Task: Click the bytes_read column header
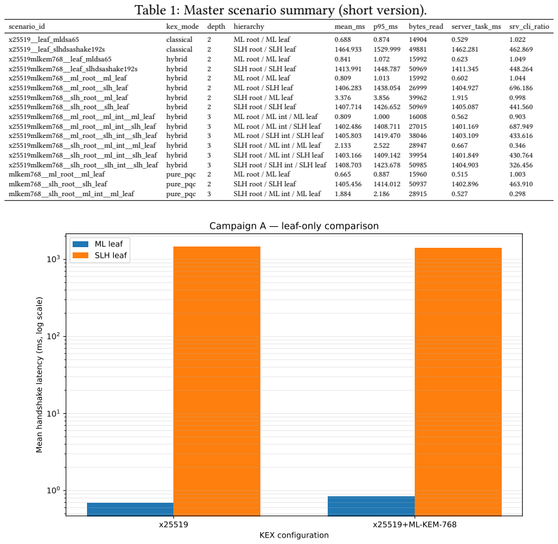click(426, 26)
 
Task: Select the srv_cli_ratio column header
click(529, 26)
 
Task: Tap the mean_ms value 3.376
click(343, 97)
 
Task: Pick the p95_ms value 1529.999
click(387, 49)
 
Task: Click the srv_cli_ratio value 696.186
click(521, 88)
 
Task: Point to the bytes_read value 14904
click(417, 39)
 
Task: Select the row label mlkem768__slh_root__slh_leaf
click(58, 184)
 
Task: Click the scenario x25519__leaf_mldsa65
click(44, 39)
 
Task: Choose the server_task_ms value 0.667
click(460, 146)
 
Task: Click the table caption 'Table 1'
click(155, 10)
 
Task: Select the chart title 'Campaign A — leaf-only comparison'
click(294, 226)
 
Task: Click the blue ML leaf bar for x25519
click(130, 509)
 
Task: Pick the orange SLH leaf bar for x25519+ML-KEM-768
click(458, 382)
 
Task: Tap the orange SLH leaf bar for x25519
click(217, 381)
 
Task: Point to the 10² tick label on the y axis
click(54, 335)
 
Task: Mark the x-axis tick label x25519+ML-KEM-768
click(415, 524)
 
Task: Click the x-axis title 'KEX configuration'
click(294, 535)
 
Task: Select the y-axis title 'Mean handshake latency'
click(39, 388)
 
